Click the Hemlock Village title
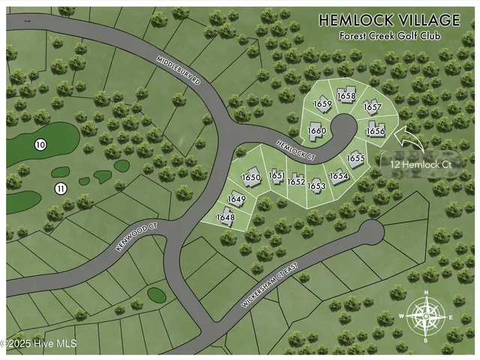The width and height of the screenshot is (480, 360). [390, 21]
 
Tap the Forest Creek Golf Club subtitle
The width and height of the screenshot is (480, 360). [390, 35]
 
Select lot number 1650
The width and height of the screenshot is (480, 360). [250, 177]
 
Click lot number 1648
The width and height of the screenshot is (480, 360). [225, 217]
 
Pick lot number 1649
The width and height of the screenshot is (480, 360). [236, 199]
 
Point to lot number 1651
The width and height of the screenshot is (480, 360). [277, 175]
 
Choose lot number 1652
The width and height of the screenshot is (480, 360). [296, 181]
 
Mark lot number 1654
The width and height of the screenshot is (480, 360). [339, 176]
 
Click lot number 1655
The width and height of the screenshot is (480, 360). [355, 158]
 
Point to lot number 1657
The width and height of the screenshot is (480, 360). [373, 107]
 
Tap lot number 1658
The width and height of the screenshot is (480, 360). [346, 96]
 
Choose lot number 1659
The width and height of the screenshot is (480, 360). [322, 104]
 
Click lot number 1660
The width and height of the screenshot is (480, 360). [317, 131]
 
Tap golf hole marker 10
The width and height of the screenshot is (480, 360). [40, 144]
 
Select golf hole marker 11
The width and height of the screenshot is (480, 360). [61, 187]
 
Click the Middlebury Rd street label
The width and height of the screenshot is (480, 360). [181, 70]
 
